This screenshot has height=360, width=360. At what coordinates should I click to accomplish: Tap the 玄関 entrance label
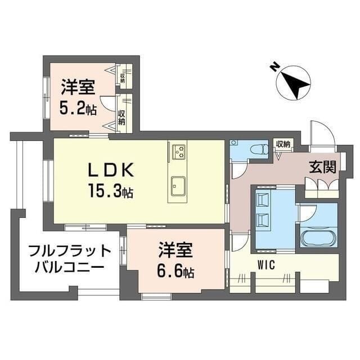[322, 167]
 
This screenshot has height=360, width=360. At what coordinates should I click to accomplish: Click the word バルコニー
[69, 266]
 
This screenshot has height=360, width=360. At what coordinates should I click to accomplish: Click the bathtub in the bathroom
[318, 237]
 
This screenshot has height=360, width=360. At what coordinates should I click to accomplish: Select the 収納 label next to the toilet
[283, 144]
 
